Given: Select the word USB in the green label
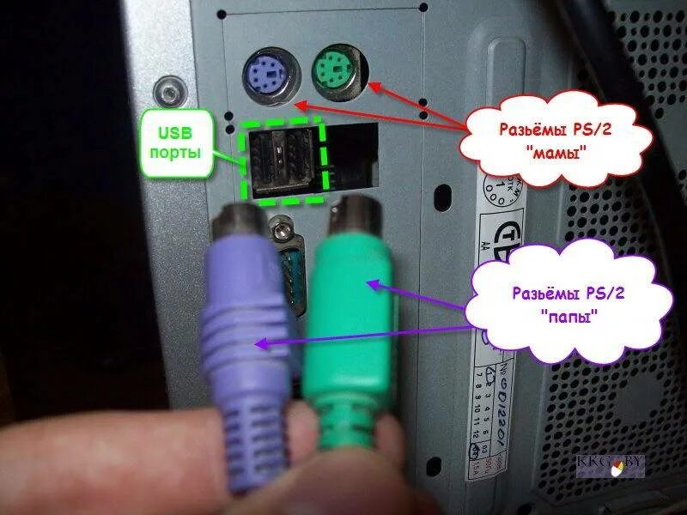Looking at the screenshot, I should click(175, 134).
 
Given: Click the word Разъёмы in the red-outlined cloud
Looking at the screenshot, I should click(526, 130).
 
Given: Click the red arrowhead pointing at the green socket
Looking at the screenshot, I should click(371, 84).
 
